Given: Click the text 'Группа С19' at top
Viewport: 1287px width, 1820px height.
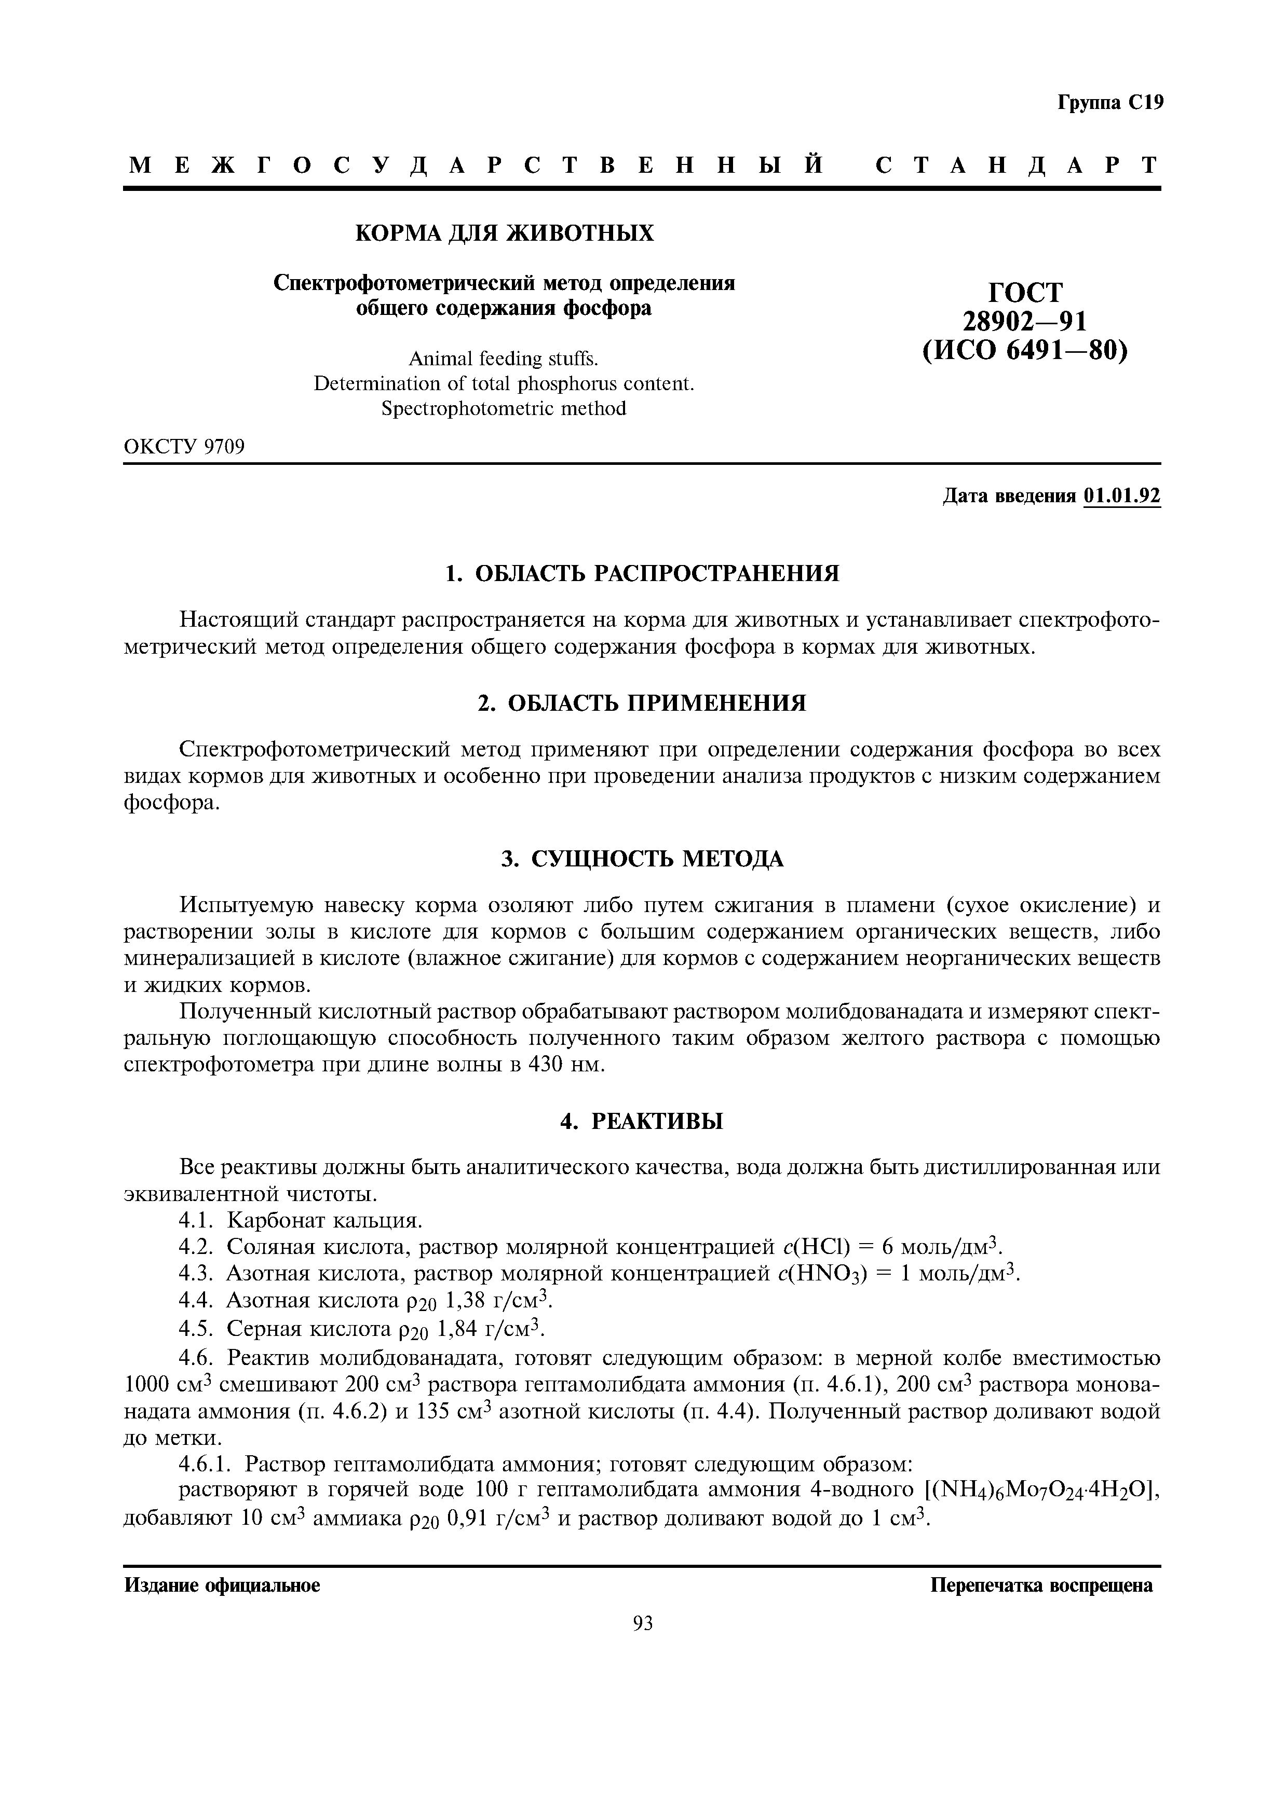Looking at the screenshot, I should click(1109, 103).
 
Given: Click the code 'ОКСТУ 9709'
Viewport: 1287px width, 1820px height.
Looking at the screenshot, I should click(184, 447).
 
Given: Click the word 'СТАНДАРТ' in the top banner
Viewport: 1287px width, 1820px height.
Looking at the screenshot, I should click(1018, 165).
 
